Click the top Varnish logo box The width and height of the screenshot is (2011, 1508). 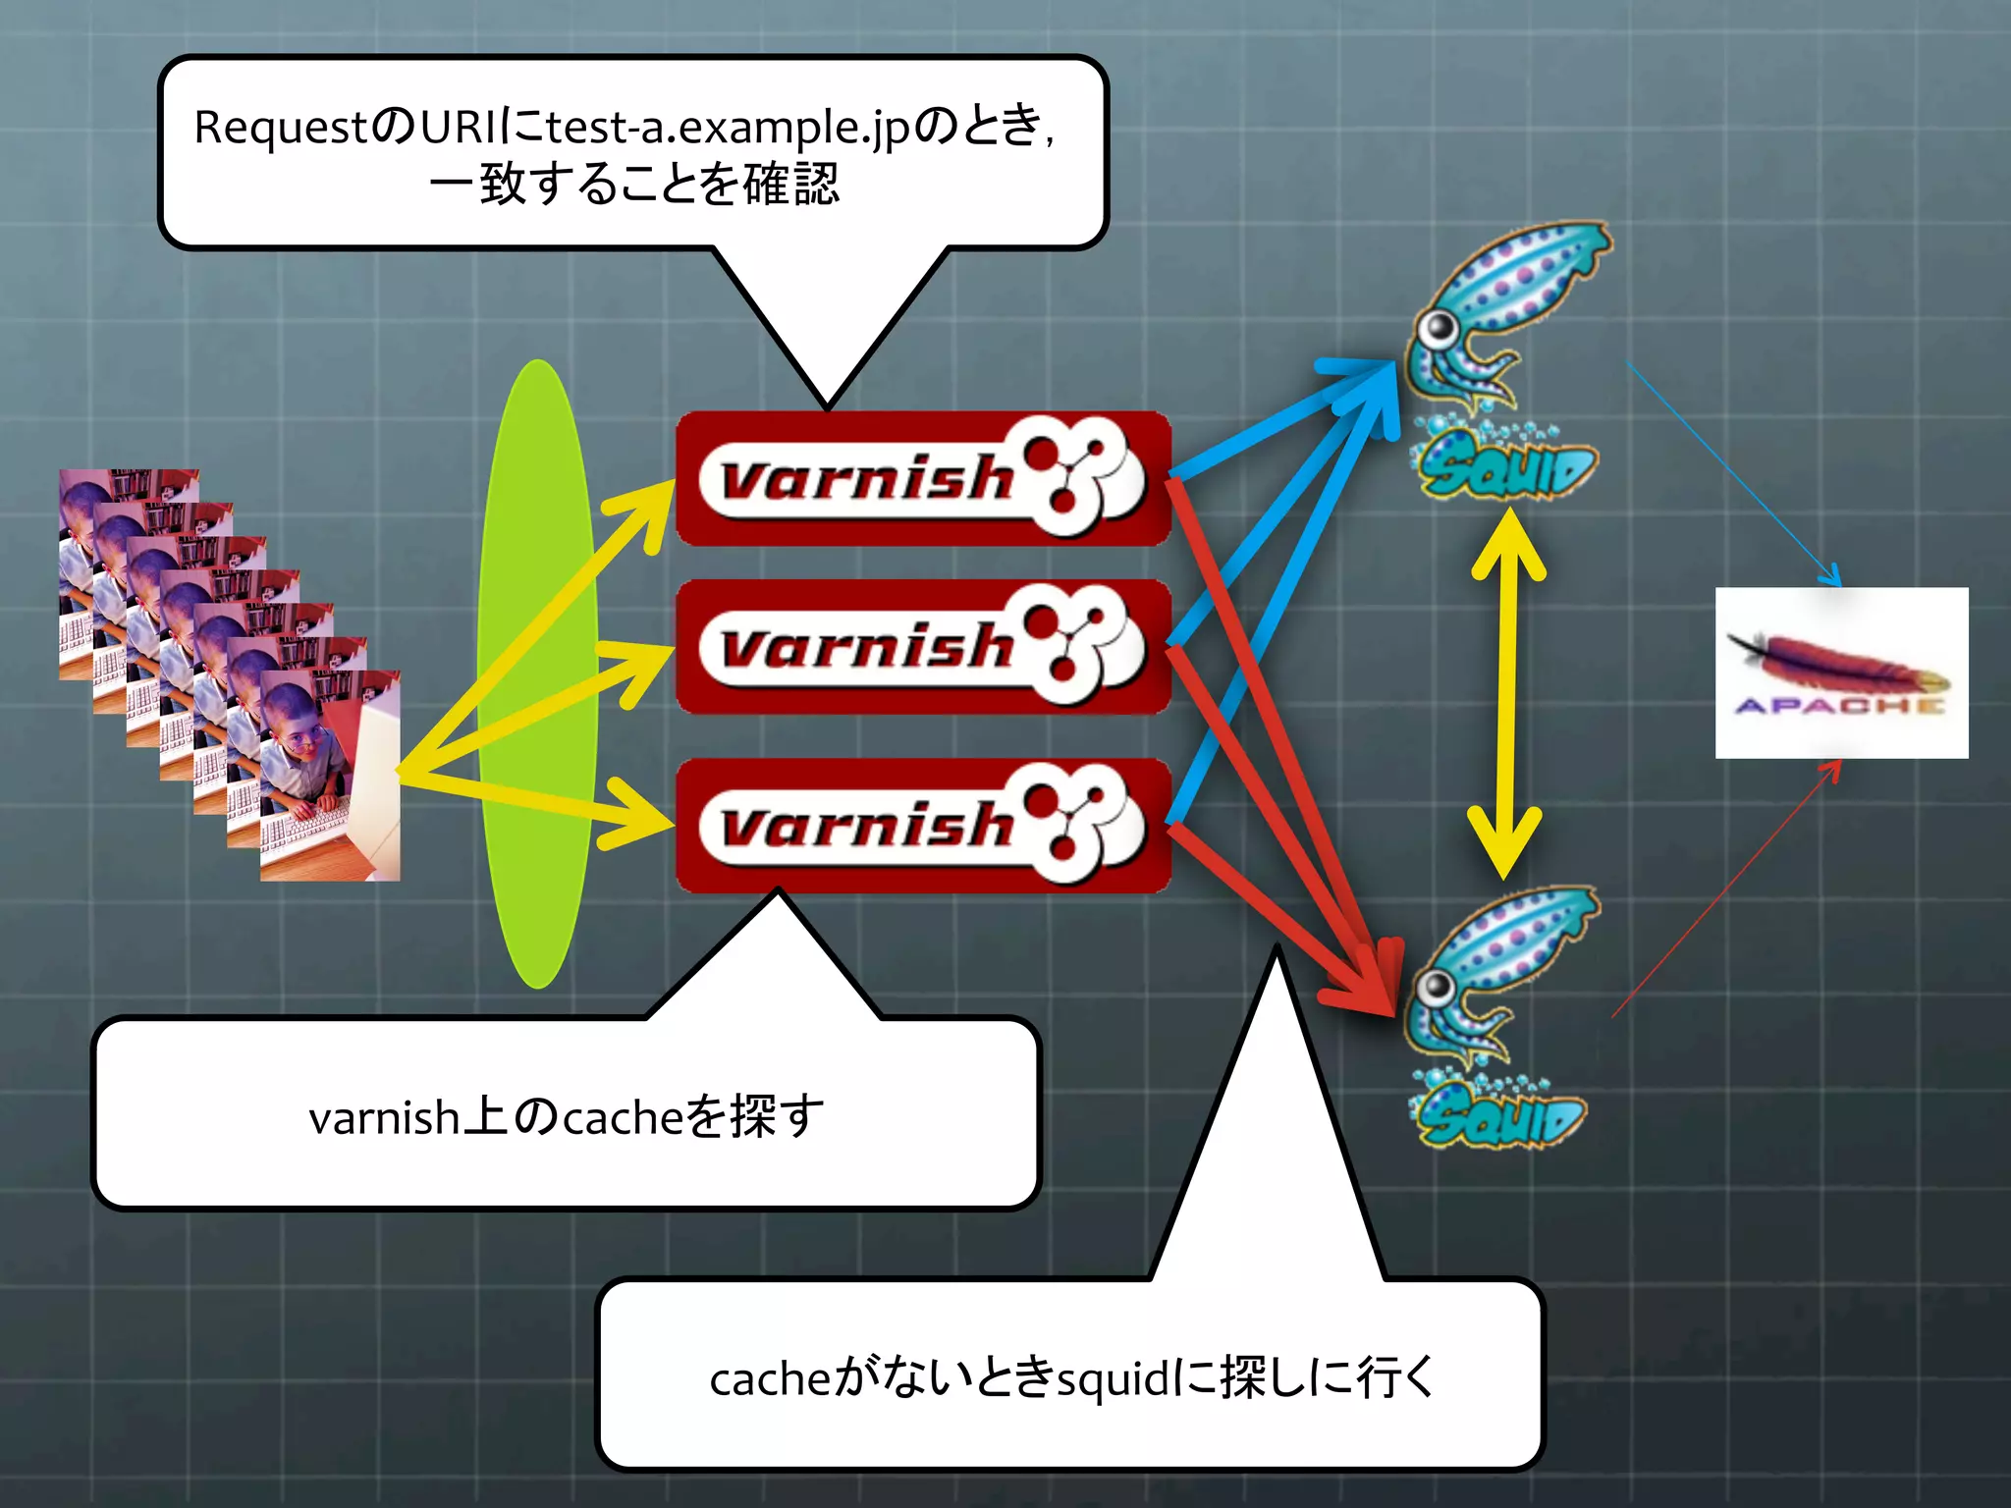click(x=923, y=478)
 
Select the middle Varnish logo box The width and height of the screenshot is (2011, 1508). click(x=923, y=646)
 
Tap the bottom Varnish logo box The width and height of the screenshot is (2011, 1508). click(x=923, y=825)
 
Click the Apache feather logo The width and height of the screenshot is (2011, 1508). click(x=1841, y=673)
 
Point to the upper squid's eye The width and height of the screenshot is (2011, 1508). click(x=1440, y=328)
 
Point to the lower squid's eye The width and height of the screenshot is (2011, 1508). click(x=1436, y=986)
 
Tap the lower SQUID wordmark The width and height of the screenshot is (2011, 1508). click(x=1500, y=1117)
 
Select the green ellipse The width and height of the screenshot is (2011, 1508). click(x=537, y=673)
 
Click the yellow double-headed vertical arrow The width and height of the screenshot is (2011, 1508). click(x=1507, y=692)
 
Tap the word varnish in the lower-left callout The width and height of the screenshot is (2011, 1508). click(x=384, y=1118)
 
